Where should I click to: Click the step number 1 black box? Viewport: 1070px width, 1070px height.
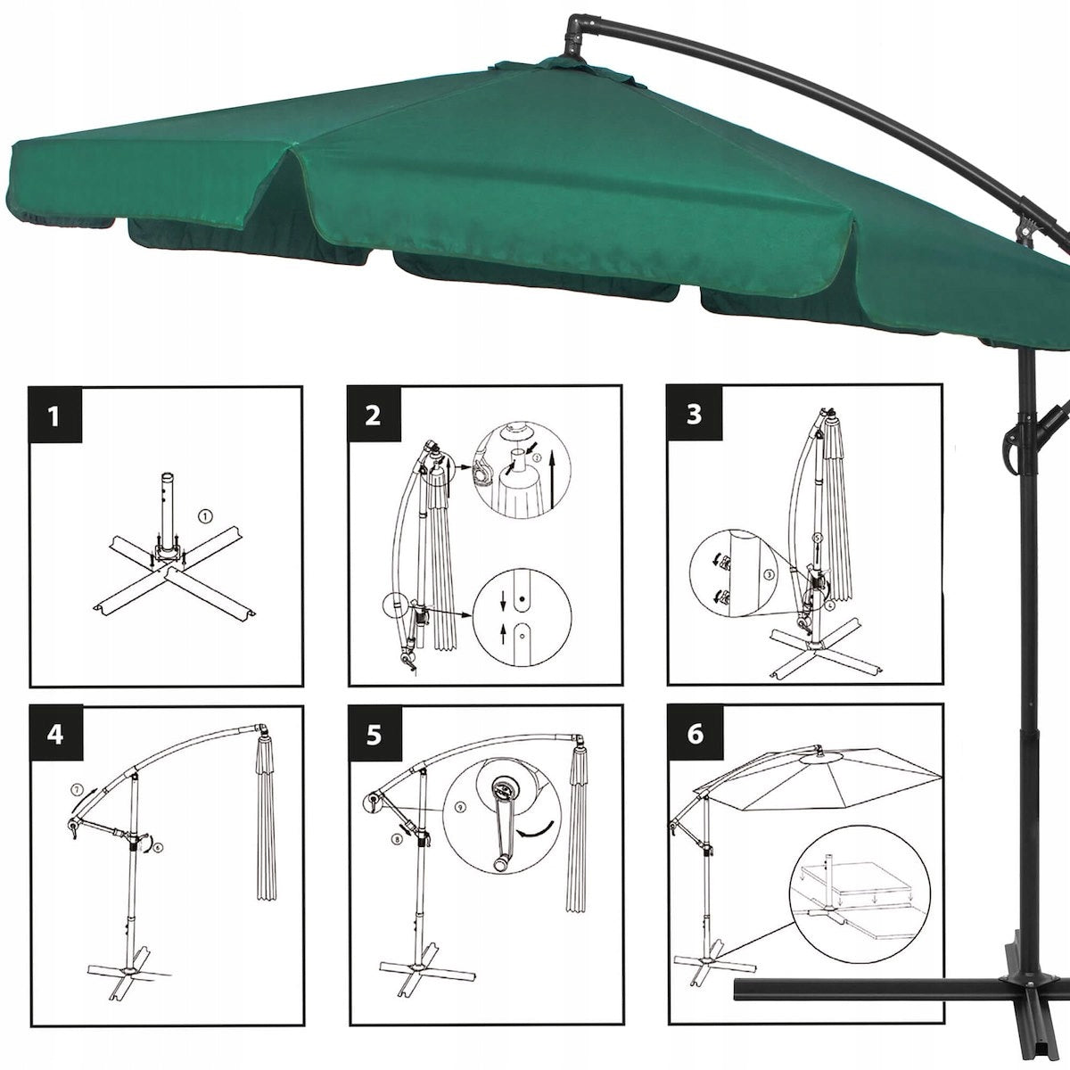55,416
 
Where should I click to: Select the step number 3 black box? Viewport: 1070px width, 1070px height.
695,416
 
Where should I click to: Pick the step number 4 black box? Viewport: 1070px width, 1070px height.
55,735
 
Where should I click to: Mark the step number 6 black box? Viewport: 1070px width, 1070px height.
695,735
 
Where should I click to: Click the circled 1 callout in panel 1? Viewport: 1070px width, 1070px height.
204,515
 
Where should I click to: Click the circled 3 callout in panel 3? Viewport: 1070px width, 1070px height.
766,575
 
